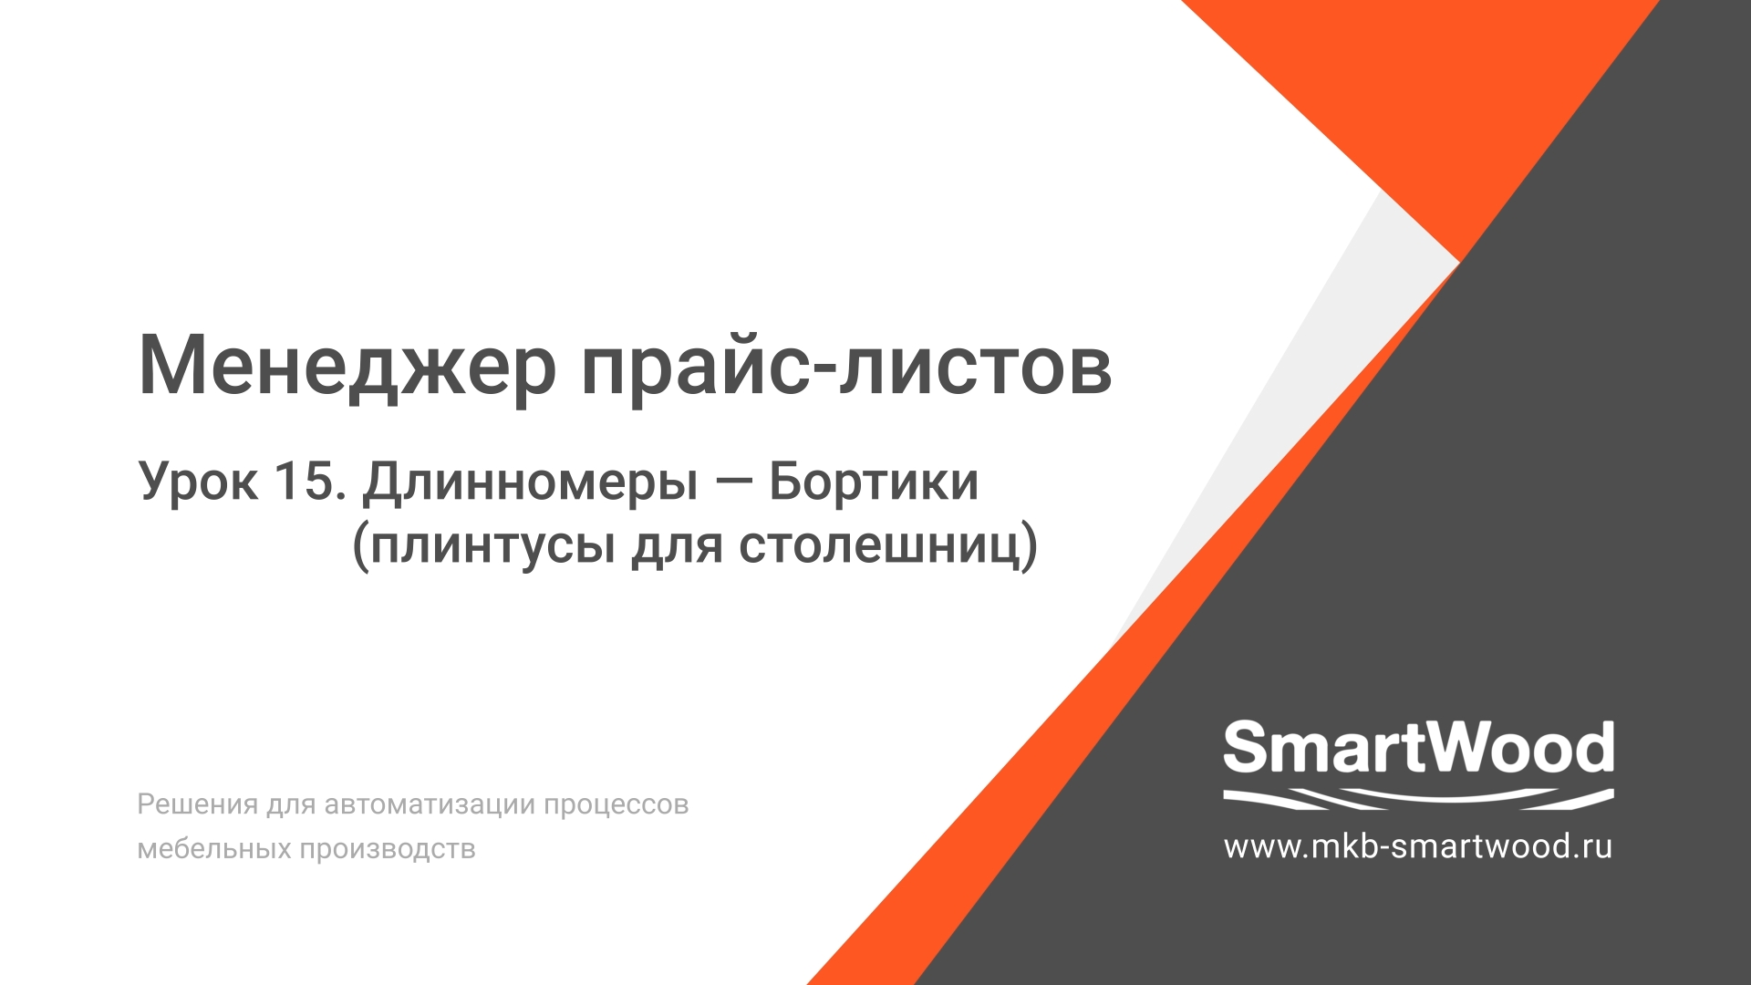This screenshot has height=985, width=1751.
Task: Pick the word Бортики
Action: click(873, 482)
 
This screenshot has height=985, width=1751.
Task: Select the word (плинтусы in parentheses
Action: click(482, 546)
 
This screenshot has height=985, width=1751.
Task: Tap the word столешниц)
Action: click(888, 546)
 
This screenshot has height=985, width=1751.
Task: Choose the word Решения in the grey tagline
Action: click(197, 804)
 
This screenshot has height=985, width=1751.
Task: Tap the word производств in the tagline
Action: click(388, 849)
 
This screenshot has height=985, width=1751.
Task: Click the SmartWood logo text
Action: click(1418, 748)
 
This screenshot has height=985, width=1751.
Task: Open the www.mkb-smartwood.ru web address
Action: click(1418, 846)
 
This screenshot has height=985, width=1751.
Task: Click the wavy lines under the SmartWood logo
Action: click(1418, 799)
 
